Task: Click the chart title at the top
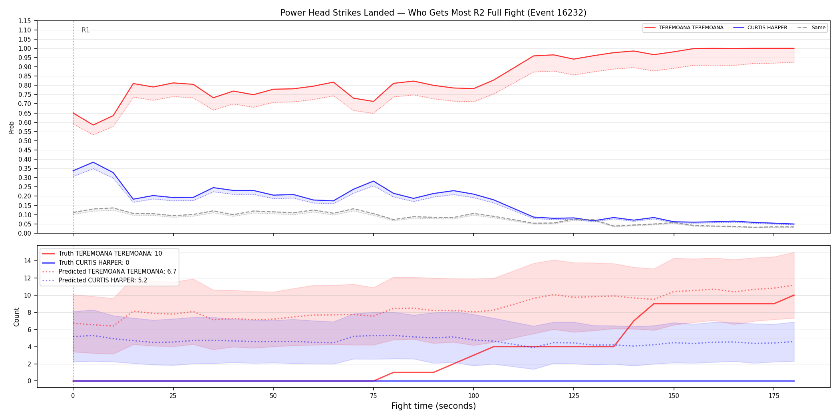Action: pos(433,13)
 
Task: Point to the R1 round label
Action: pos(85,30)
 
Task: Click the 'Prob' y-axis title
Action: pos(12,127)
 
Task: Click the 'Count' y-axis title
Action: pos(16,317)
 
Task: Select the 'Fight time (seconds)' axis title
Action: pos(433,406)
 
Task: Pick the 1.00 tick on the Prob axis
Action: pos(25,48)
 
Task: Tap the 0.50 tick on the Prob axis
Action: pos(25,141)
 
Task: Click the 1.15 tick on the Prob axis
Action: pos(25,21)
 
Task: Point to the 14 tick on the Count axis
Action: pos(27,261)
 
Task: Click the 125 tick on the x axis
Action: pos(574,396)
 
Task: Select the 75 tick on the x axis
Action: pos(373,396)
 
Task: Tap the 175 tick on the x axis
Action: pos(774,396)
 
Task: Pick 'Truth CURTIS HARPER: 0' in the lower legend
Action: pos(94,263)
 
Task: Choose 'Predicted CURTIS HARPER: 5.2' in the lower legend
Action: pos(103,280)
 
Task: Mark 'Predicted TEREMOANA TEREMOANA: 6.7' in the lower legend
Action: pos(117,272)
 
